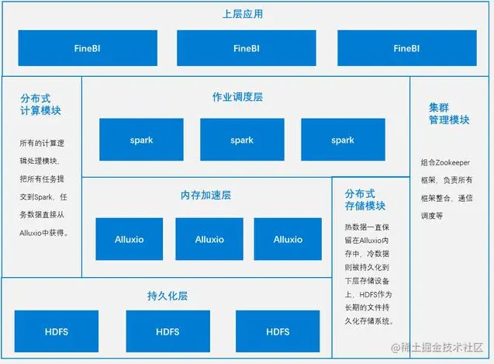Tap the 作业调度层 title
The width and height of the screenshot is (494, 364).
[x=237, y=98]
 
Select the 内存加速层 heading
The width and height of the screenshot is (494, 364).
[x=206, y=195]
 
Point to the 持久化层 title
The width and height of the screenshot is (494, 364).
[x=167, y=296]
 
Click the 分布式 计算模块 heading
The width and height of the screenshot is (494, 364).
[x=40, y=105]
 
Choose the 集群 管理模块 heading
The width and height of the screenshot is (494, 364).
[x=449, y=113]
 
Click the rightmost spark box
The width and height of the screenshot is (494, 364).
[x=342, y=140]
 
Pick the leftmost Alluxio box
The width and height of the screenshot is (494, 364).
[x=130, y=239]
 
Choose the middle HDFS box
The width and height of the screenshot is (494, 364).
[x=168, y=331]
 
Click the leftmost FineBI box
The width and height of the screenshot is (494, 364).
[x=87, y=48]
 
